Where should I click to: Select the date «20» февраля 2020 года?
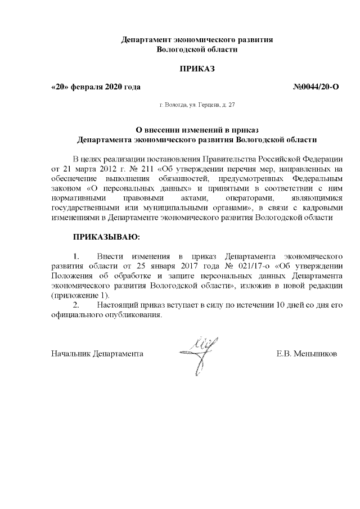(96, 87)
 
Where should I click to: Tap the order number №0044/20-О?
(316, 87)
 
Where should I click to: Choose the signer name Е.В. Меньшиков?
(307, 355)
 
